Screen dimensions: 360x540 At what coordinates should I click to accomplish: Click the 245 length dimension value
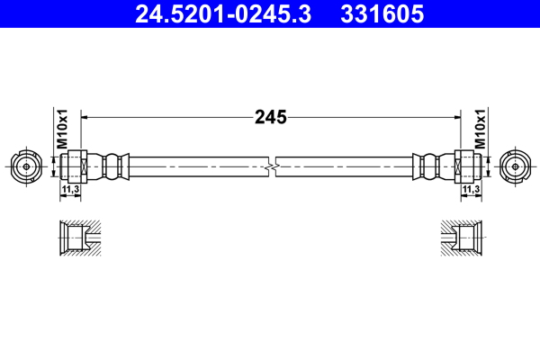tap(270, 116)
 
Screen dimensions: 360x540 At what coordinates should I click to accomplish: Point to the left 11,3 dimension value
tap(69, 191)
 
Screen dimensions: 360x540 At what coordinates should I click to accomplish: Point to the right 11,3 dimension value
tap(470, 191)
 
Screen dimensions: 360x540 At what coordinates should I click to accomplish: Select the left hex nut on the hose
tap(76, 166)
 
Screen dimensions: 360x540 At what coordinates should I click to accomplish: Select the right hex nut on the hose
tap(464, 166)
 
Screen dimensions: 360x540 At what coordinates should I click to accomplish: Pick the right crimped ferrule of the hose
tap(430, 166)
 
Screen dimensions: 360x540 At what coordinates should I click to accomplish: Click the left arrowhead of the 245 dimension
tap(86, 116)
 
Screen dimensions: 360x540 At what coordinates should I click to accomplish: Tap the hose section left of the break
tap(198, 166)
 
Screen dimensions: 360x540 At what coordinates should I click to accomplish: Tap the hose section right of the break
tap(346, 166)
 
